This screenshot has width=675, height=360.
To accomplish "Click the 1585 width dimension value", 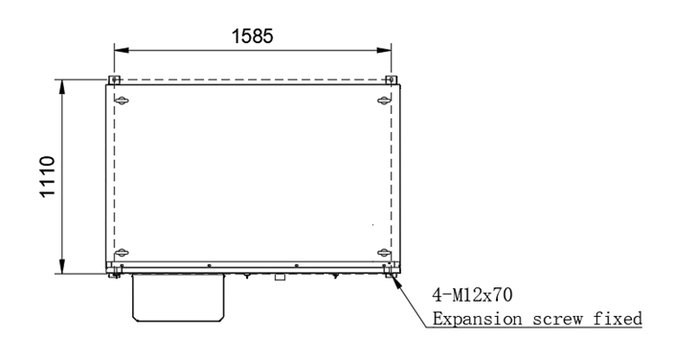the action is tap(252, 36).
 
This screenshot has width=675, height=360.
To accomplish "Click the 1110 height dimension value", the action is tap(47, 176).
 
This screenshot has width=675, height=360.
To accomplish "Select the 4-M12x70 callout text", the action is tap(472, 296).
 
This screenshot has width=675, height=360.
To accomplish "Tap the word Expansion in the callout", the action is tap(478, 320).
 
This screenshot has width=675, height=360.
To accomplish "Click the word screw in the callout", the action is tap(557, 320).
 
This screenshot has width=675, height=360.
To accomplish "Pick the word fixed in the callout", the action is tap(618, 319).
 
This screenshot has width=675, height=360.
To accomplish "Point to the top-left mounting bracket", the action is tap(114, 80).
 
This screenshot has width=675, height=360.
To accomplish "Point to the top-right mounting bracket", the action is tap(391, 80).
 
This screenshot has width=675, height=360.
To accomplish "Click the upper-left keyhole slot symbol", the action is tap(122, 101).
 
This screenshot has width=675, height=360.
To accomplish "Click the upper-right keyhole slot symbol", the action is tap(384, 101).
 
